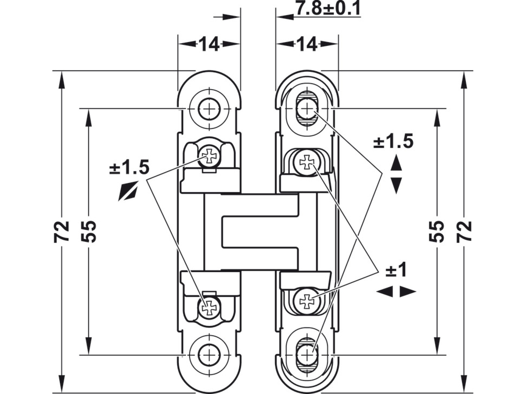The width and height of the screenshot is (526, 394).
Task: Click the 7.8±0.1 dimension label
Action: coord(328,9)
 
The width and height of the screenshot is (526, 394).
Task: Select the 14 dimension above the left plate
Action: coord(209,44)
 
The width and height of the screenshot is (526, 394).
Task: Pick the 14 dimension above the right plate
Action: coord(307,44)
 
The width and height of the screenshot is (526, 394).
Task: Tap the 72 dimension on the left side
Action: coord(61,232)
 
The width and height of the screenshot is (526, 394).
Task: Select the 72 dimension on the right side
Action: coord(464,232)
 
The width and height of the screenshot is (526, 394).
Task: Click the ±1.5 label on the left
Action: coord(129,168)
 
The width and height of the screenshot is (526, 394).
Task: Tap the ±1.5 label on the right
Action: coord(393,142)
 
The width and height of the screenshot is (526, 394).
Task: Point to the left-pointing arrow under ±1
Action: coord(385,292)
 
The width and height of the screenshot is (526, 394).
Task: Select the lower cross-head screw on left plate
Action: coord(209,307)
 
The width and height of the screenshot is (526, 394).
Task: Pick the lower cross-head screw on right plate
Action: coord(307,301)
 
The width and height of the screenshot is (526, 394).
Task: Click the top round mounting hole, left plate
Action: coord(209,109)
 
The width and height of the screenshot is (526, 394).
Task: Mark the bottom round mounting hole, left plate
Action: coord(209,355)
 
